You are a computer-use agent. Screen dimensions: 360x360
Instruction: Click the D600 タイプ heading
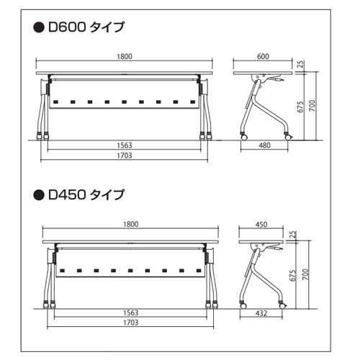(x=86, y=27)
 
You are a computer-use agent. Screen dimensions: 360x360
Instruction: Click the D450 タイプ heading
(x=86, y=194)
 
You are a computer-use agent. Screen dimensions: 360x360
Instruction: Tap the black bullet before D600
(x=39, y=27)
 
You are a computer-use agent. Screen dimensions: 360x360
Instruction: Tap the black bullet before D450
(x=39, y=194)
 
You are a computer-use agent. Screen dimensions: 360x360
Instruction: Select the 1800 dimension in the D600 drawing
(x=125, y=56)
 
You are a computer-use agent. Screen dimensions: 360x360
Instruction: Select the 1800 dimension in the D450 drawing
(x=131, y=224)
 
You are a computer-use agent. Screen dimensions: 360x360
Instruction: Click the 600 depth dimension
(x=263, y=56)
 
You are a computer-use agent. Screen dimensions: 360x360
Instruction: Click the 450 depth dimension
(x=261, y=225)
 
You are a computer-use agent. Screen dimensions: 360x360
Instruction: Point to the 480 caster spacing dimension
(x=264, y=145)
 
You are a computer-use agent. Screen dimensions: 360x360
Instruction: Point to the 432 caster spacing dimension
(x=261, y=313)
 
